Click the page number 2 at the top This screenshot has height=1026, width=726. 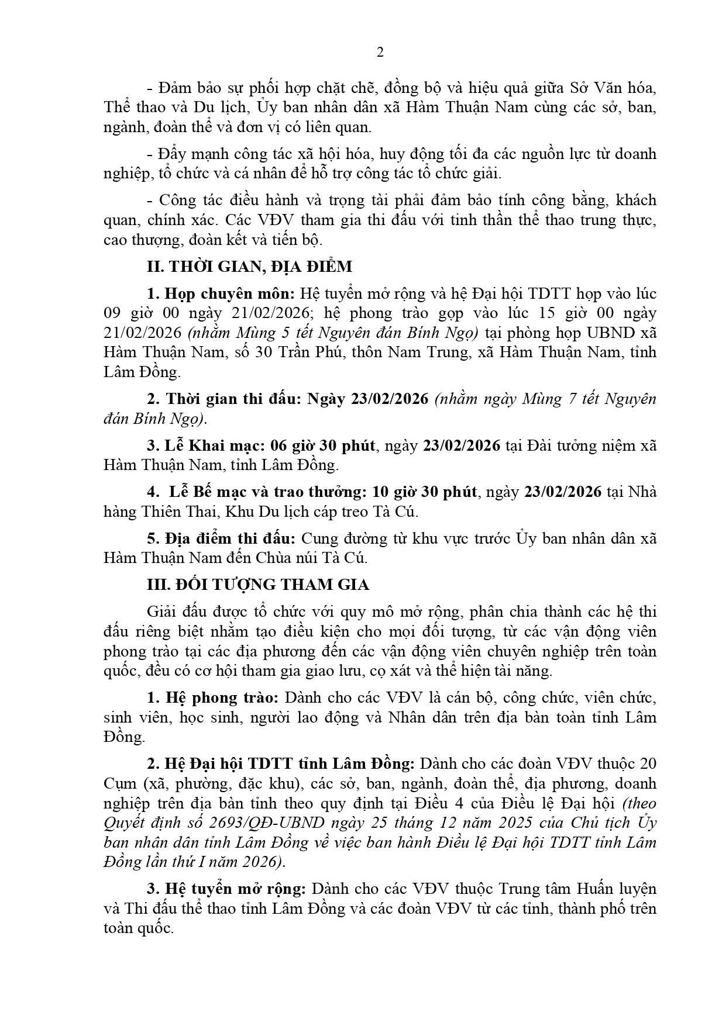[x=380, y=53]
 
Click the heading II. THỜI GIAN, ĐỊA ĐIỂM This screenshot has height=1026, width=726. [x=249, y=267]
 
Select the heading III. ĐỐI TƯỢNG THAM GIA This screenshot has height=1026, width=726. [x=257, y=585]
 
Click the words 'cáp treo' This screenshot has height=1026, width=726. [x=339, y=512]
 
